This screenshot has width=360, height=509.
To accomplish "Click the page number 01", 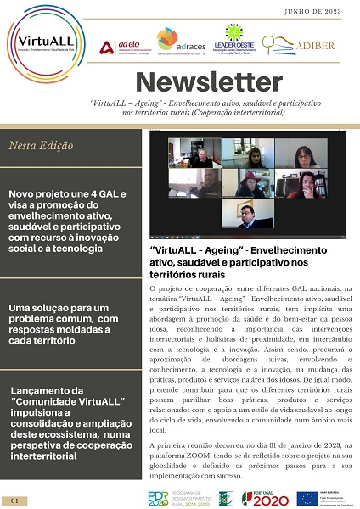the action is [x=15, y=501].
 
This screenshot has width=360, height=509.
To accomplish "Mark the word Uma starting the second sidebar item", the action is [x=21, y=306].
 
